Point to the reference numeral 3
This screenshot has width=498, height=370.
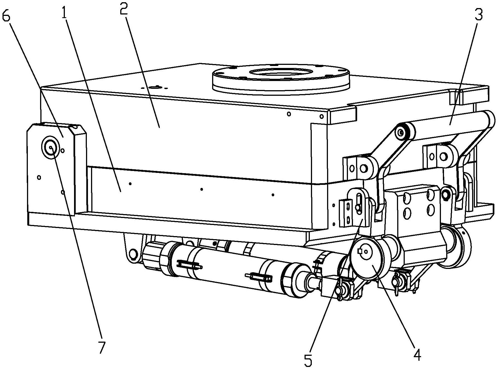coord(478,14)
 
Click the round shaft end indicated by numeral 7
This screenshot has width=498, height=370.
coord(51,148)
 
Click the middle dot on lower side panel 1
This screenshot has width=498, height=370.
coord(202,189)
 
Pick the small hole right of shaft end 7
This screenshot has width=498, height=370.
coord(63,151)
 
